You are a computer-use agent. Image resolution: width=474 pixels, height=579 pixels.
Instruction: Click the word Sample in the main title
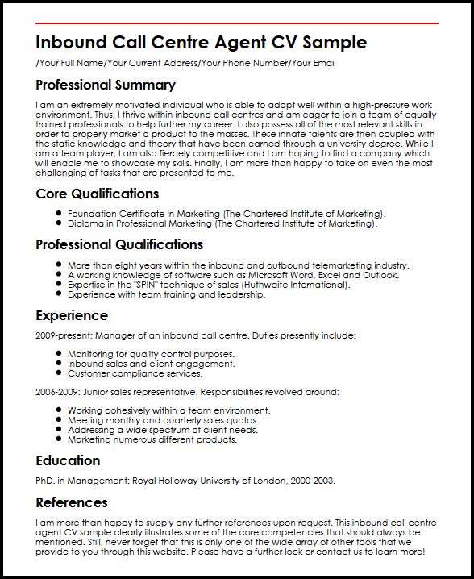coord(331,42)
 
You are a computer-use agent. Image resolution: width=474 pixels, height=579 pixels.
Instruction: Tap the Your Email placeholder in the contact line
coord(313,63)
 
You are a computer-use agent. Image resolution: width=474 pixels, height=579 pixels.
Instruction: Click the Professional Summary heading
coord(106,85)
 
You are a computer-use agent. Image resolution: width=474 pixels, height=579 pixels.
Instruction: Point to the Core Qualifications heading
coord(98,194)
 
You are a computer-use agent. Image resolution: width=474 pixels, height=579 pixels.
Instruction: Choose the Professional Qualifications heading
coord(119,244)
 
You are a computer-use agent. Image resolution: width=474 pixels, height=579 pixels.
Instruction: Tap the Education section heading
coord(69,460)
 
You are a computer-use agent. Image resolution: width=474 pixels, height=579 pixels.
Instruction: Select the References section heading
coord(72,502)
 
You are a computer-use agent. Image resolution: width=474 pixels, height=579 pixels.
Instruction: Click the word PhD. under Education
coord(47,481)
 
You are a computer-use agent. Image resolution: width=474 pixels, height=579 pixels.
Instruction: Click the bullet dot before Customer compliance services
coord(60,373)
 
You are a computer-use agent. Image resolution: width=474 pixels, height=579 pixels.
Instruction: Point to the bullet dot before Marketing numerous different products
coord(60,440)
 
